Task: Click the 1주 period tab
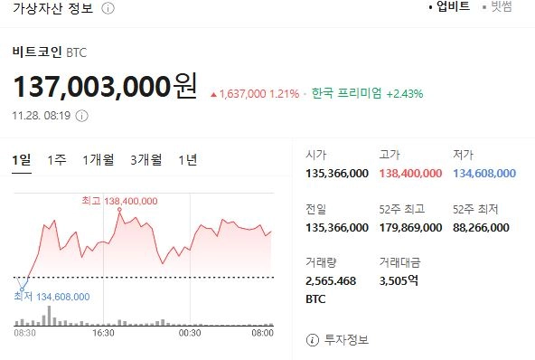click(56, 160)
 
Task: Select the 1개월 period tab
click(98, 160)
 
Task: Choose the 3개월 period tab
click(145, 160)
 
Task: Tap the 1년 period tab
click(188, 160)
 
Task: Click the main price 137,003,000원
click(104, 88)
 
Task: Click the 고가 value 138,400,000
click(411, 173)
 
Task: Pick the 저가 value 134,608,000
click(484, 173)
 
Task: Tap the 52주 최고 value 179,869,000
click(411, 227)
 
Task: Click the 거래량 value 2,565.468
click(331, 281)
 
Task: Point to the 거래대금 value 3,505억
click(399, 281)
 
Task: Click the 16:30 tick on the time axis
click(104, 333)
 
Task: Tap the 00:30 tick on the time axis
click(189, 333)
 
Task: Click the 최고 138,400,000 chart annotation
click(119, 201)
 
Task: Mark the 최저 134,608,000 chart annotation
click(52, 295)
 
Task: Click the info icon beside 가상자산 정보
click(108, 8)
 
